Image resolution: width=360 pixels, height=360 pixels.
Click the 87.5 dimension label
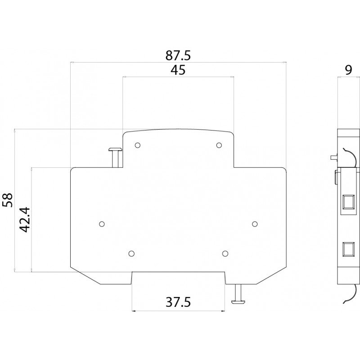click(x=178, y=55)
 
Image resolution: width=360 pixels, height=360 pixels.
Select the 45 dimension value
click(x=178, y=70)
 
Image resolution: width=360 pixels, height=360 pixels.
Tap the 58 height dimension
click(x=8, y=200)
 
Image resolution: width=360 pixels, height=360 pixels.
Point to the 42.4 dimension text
click(x=25, y=220)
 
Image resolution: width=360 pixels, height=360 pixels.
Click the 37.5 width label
click(x=178, y=302)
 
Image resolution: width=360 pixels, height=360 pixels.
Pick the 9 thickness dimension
click(x=348, y=70)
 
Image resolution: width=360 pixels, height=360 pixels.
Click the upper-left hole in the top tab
click(x=138, y=145)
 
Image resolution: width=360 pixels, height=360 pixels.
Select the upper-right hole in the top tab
click(x=219, y=145)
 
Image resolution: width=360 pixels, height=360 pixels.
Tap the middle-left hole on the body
click(x=102, y=224)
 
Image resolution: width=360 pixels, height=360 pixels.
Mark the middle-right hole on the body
click(x=255, y=224)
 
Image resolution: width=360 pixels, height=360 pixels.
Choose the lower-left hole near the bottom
click(x=131, y=253)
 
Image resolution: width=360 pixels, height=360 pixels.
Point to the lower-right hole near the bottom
click(x=225, y=253)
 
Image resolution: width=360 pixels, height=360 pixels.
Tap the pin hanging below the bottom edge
click(x=238, y=294)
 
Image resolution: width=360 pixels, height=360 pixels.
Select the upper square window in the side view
click(x=348, y=202)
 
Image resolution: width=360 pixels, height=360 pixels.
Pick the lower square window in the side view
click(x=348, y=249)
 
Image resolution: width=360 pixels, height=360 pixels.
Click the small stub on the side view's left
click(x=334, y=157)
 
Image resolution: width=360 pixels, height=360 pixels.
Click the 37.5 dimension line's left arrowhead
click(x=134, y=311)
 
